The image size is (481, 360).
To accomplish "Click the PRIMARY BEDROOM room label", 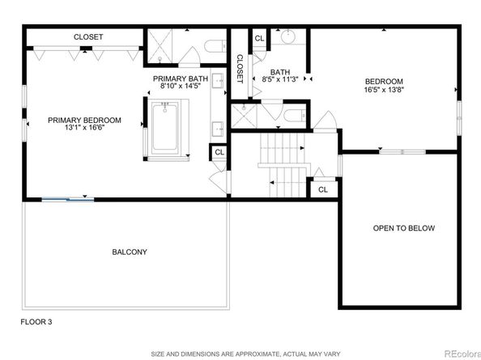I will (84, 120).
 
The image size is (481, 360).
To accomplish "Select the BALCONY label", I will (130, 252).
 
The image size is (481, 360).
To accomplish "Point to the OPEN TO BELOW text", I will (403, 228).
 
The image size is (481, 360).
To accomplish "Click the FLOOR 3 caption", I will (36, 322).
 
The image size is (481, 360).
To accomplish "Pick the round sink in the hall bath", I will (287, 38).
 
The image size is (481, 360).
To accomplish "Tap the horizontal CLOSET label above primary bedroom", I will (87, 37).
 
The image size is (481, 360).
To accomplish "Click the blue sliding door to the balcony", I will (66, 198).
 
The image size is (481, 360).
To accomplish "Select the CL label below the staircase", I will (322, 189).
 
